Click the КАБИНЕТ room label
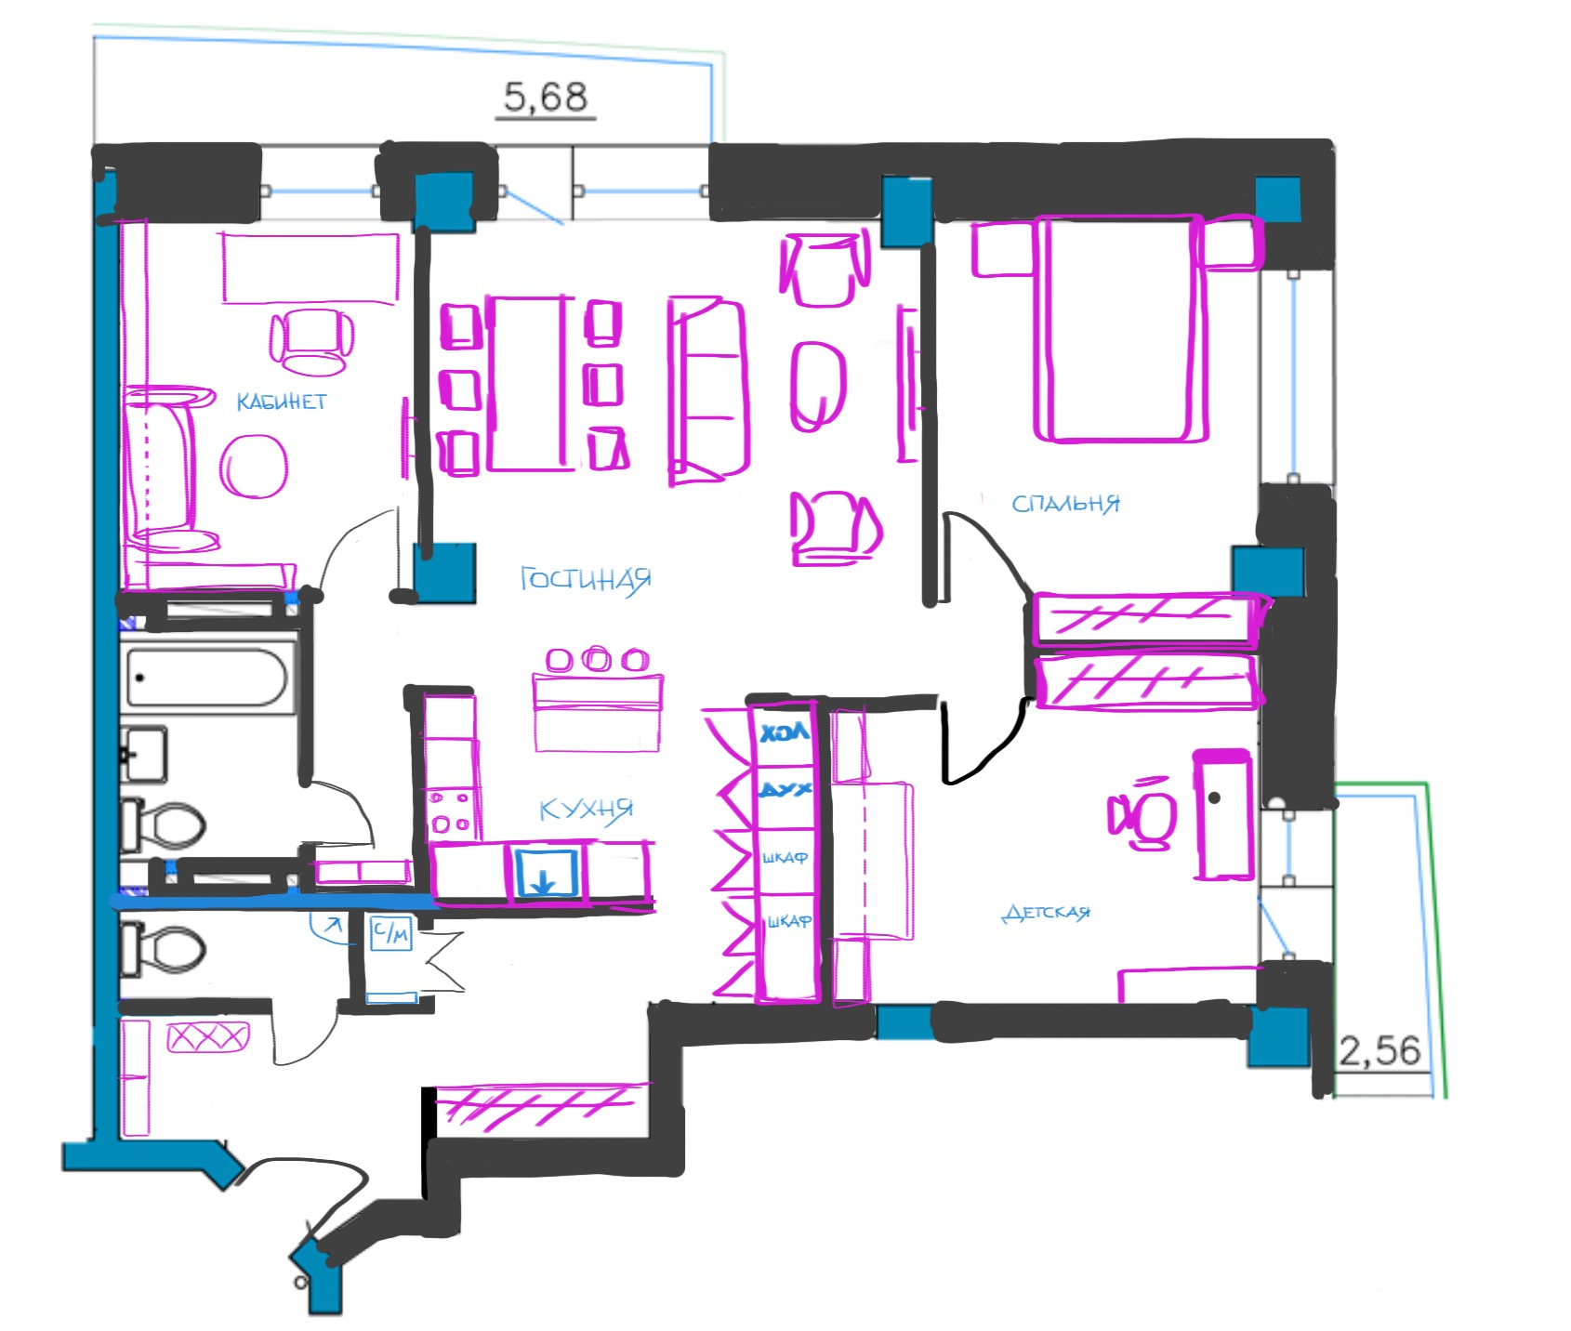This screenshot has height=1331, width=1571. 281,402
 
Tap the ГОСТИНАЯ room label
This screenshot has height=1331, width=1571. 586,580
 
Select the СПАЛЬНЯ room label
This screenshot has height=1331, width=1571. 1065,504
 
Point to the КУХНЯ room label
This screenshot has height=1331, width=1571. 587,810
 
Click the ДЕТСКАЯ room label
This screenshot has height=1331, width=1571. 1046,913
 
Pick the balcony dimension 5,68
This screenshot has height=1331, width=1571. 546,97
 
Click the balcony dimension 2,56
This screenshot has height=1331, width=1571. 1380,1051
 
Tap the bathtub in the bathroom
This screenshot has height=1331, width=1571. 206,678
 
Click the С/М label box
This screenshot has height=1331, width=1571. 390,933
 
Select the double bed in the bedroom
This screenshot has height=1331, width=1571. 1121,328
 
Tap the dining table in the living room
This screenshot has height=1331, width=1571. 530,383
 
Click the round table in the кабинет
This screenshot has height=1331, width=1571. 253,467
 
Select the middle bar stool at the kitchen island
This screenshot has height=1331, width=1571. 596,660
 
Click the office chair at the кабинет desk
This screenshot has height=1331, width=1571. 312,342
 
